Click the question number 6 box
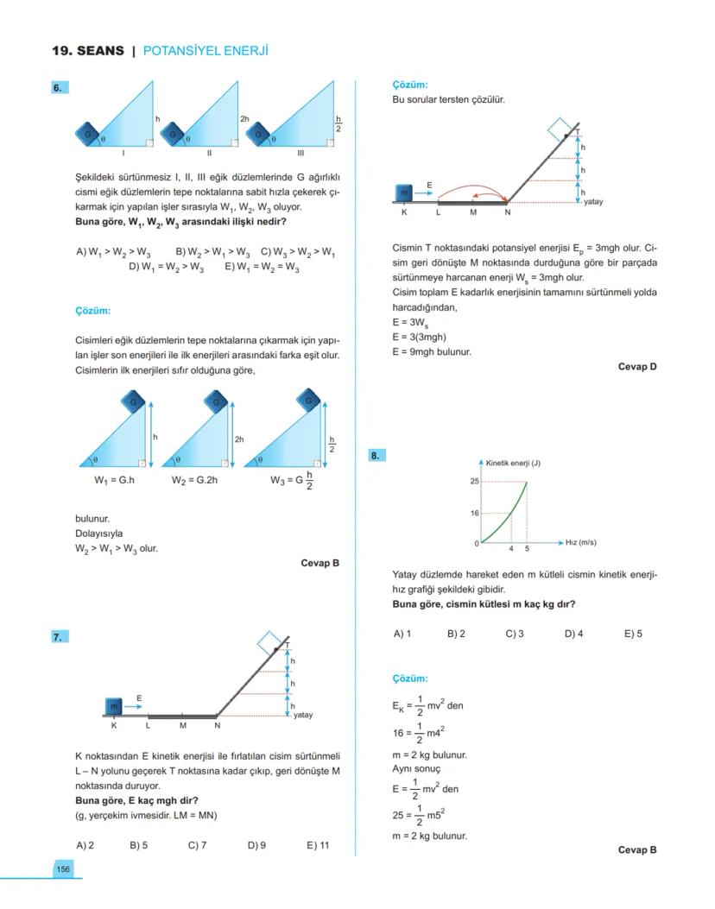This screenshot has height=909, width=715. pos(59,88)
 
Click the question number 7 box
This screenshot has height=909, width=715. pos(59,637)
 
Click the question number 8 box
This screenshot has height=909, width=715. pos(376,455)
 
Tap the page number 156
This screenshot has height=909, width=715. pos(63,868)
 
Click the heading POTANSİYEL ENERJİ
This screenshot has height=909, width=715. pos(206,51)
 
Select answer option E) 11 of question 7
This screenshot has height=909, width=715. pos(318,845)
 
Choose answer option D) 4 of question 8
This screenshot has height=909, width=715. pos(573,634)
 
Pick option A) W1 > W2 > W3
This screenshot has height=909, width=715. pos(113,252)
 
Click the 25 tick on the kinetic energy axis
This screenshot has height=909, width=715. pos(474,481)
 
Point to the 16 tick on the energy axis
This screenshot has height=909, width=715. pos(474,514)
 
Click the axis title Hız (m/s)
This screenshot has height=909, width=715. pos(580,543)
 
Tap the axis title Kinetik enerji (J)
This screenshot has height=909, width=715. pos(513,464)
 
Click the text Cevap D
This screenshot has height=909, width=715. pos(637,367)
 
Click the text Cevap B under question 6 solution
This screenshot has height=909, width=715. pos(320,563)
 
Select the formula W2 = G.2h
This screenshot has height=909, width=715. pos(195,480)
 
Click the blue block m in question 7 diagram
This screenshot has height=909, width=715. pos(113,706)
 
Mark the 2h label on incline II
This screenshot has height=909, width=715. pos(244,118)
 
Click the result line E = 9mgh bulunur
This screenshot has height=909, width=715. pos(432,351)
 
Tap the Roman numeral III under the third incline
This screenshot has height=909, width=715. pos(301,153)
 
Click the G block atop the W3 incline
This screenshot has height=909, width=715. pos(308,400)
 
